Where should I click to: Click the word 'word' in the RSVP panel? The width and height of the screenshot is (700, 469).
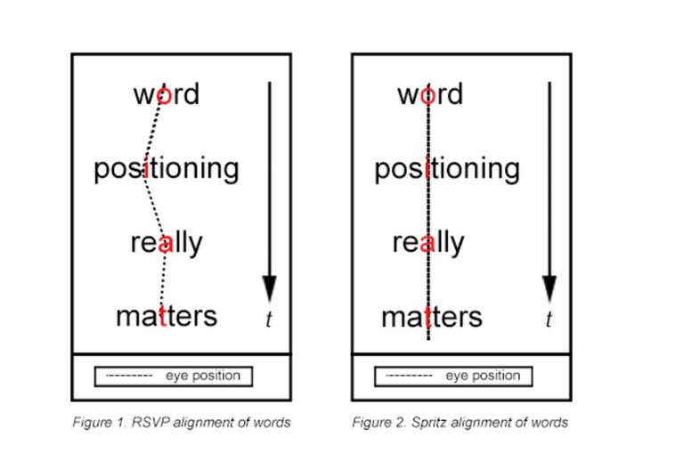click(167, 94)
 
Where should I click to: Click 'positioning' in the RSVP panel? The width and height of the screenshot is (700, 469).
click(167, 169)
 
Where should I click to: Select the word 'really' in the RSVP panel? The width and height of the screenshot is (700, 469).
click(167, 243)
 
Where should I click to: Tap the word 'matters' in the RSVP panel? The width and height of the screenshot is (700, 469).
click(167, 316)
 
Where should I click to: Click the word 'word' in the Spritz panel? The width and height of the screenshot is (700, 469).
click(430, 94)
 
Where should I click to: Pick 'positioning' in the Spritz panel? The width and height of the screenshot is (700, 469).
click(447, 169)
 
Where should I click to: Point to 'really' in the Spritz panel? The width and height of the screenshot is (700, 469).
click(428, 243)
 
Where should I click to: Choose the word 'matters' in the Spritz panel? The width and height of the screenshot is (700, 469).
click(432, 316)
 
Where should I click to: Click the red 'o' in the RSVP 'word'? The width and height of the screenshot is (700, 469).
click(163, 95)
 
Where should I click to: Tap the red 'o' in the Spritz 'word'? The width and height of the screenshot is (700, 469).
click(428, 95)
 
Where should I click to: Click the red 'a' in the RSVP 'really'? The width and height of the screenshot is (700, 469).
click(165, 244)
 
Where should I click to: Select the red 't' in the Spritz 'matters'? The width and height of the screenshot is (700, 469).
click(428, 316)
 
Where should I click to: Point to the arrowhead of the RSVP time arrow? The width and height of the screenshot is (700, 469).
click(269, 289)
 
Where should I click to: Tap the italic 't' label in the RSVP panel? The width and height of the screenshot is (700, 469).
click(268, 320)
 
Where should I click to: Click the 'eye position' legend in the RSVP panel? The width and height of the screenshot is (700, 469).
click(174, 376)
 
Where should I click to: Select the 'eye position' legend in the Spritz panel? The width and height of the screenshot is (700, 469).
click(453, 376)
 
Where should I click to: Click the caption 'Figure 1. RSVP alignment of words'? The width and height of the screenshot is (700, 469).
click(181, 423)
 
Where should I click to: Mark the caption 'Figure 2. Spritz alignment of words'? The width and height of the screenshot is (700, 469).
click(460, 423)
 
